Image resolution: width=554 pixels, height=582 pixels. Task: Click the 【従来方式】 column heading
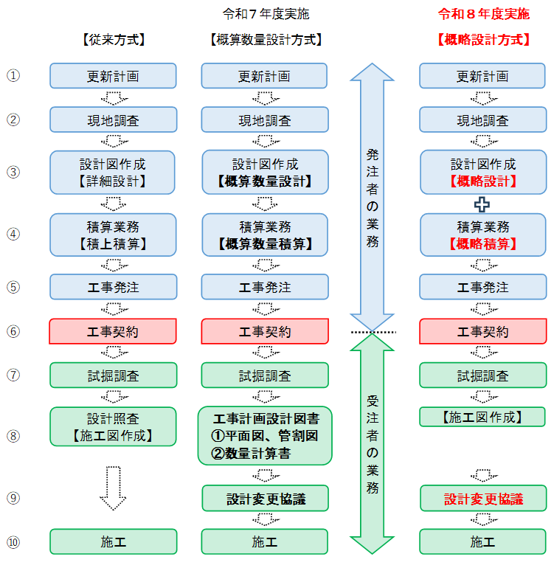click(x=113, y=40)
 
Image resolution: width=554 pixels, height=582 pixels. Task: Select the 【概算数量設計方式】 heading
click(x=265, y=40)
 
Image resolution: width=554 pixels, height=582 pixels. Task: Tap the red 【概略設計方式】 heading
click(x=483, y=40)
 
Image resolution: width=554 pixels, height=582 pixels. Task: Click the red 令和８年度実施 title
click(x=483, y=14)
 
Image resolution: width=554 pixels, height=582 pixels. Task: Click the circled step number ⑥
click(x=13, y=332)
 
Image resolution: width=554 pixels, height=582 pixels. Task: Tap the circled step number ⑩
click(x=13, y=542)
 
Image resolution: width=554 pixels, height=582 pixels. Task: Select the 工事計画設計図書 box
click(x=265, y=435)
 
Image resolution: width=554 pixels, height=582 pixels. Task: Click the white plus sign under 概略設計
click(x=482, y=204)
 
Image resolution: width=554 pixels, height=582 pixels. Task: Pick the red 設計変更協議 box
click(x=483, y=499)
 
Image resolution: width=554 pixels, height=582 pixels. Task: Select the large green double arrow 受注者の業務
click(x=373, y=443)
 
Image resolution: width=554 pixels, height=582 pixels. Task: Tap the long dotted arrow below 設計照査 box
click(x=113, y=487)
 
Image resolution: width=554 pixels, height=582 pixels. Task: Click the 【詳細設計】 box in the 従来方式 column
click(x=113, y=172)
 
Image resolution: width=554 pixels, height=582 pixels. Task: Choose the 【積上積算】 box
click(x=113, y=235)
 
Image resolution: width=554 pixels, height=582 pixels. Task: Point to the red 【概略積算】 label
click(x=483, y=243)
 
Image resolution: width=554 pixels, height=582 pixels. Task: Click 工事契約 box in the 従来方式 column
click(x=113, y=332)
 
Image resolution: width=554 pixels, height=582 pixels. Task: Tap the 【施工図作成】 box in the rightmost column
click(x=483, y=417)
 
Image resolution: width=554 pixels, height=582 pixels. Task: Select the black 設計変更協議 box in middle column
click(x=265, y=499)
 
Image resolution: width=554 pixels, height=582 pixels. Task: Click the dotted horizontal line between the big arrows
click(x=373, y=333)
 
